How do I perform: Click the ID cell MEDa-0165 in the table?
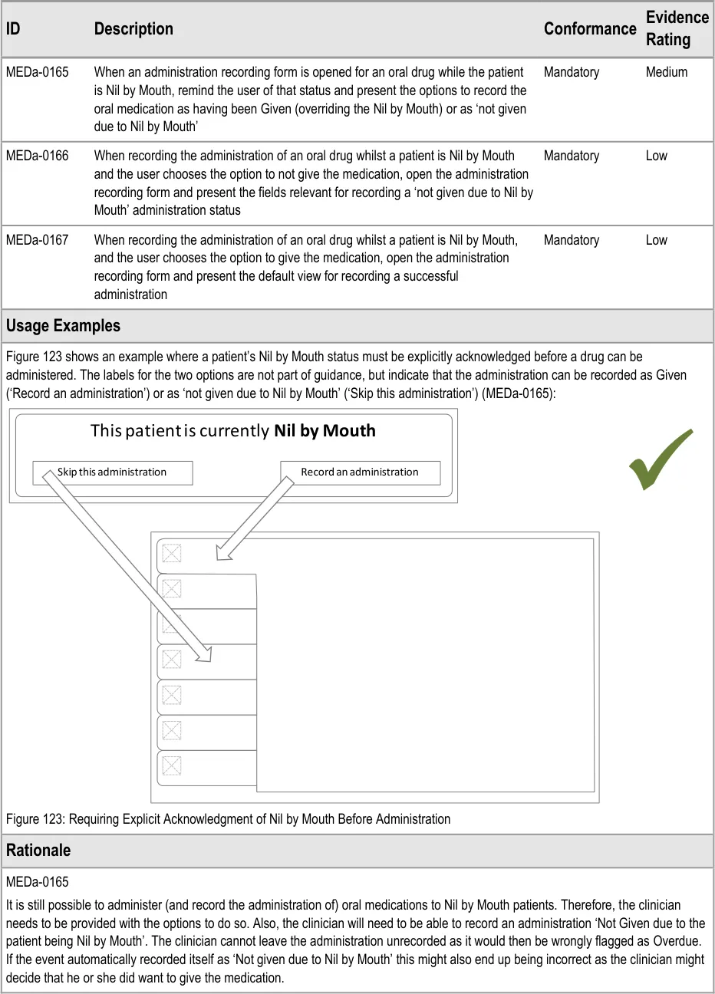(x=37, y=72)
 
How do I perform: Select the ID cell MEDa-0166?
(x=37, y=156)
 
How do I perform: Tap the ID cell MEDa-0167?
(x=37, y=240)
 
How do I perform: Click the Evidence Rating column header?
(x=677, y=28)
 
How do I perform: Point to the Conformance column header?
(x=589, y=29)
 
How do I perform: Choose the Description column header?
(x=133, y=29)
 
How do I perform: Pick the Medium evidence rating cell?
(x=666, y=72)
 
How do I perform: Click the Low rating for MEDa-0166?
(x=656, y=156)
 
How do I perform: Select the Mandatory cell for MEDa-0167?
(x=571, y=240)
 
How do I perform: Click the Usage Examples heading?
(x=63, y=326)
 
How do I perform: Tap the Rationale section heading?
(x=38, y=851)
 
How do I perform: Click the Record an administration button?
(x=360, y=472)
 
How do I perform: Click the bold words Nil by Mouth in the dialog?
(x=325, y=431)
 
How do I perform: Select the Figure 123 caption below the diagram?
(x=228, y=819)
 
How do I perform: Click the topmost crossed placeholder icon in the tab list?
(x=172, y=553)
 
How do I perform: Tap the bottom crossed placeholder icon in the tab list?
(x=172, y=765)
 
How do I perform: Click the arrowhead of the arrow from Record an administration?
(x=222, y=554)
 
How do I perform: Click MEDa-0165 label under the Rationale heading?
(x=37, y=882)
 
